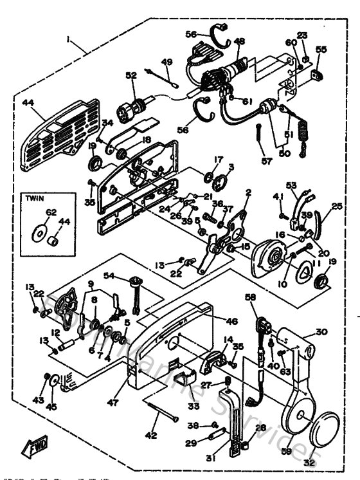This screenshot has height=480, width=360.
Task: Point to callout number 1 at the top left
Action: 67,39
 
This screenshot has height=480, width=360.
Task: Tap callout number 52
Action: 131,76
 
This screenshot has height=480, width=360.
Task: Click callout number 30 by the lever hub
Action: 321,333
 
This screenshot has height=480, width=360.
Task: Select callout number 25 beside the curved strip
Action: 336,207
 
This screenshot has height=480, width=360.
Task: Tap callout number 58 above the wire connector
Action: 251,297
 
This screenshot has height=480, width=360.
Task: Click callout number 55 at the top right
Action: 321,49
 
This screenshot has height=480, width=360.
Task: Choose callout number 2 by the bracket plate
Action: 248,192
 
